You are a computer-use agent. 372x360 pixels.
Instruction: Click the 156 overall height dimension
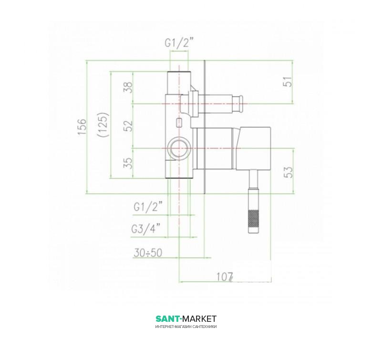(82, 127)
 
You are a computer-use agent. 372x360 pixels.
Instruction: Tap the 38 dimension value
(128, 87)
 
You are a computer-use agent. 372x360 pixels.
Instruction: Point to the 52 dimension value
(128, 126)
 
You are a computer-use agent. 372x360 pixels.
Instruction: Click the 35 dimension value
(128, 163)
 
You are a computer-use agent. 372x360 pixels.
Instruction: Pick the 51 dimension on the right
(288, 82)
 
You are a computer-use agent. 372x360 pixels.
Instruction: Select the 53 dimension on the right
(289, 172)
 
